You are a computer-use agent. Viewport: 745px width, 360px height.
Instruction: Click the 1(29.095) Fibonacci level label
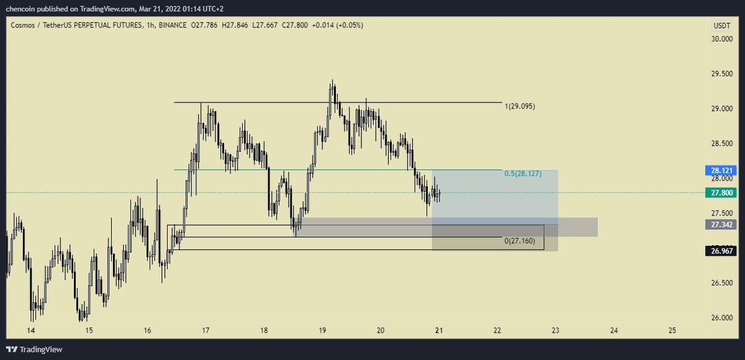click(x=520, y=106)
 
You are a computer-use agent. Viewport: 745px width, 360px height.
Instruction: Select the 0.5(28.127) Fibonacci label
click(x=523, y=174)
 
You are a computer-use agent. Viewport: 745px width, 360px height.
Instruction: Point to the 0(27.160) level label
click(x=520, y=241)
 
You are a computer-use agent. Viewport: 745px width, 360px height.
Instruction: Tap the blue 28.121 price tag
click(x=721, y=171)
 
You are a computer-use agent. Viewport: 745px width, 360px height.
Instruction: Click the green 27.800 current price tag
click(x=721, y=193)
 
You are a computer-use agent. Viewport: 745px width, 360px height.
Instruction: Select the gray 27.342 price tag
click(x=721, y=225)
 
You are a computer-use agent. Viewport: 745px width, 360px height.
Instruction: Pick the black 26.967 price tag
click(x=721, y=251)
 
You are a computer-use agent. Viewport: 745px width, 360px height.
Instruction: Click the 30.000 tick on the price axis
click(x=721, y=39)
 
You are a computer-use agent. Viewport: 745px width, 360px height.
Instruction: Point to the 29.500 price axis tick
click(x=721, y=74)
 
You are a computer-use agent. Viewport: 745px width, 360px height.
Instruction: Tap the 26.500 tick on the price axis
click(x=721, y=283)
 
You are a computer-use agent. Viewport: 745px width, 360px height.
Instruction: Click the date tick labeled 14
click(x=30, y=330)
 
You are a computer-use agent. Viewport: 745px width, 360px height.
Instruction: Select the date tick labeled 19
click(x=322, y=330)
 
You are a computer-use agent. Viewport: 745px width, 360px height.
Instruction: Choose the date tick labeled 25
click(x=672, y=330)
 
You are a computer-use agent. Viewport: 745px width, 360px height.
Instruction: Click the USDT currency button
click(x=721, y=25)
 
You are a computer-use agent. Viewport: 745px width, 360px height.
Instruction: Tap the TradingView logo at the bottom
click(x=34, y=349)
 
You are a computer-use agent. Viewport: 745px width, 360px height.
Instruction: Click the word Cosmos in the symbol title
click(x=22, y=25)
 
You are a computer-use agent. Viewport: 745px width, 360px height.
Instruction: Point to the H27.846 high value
click(x=235, y=25)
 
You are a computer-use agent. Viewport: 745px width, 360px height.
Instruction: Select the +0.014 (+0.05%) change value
click(x=338, y=25)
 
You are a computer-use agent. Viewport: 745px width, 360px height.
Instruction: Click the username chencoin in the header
click(x=20, y=9)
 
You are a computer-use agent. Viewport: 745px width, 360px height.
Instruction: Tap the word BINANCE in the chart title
click(x=173, y=25)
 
